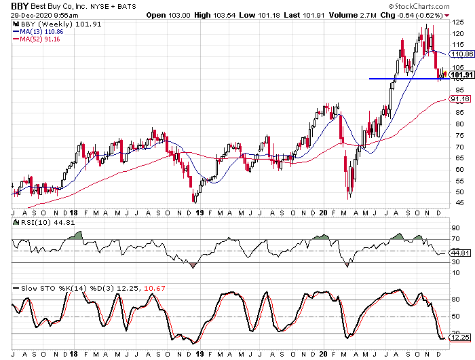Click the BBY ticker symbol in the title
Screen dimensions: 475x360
click(20, 6)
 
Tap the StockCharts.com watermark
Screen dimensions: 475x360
click(419, 6)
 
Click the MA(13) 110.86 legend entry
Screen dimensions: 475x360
click(38, 31)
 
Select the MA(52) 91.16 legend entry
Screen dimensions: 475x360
click(37, 39)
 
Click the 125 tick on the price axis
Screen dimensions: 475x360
click(458, 22)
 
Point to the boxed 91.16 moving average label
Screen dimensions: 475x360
click(460, 99)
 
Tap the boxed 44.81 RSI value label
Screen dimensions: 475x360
click(460, 253)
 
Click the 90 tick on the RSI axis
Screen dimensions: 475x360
click(455, 228)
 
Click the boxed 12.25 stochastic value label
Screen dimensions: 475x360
click(460, 338)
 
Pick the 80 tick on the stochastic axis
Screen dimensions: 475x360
click(455, 300)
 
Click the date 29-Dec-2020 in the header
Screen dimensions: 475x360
click(33, 15)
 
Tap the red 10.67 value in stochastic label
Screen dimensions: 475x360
click(155, 288)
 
